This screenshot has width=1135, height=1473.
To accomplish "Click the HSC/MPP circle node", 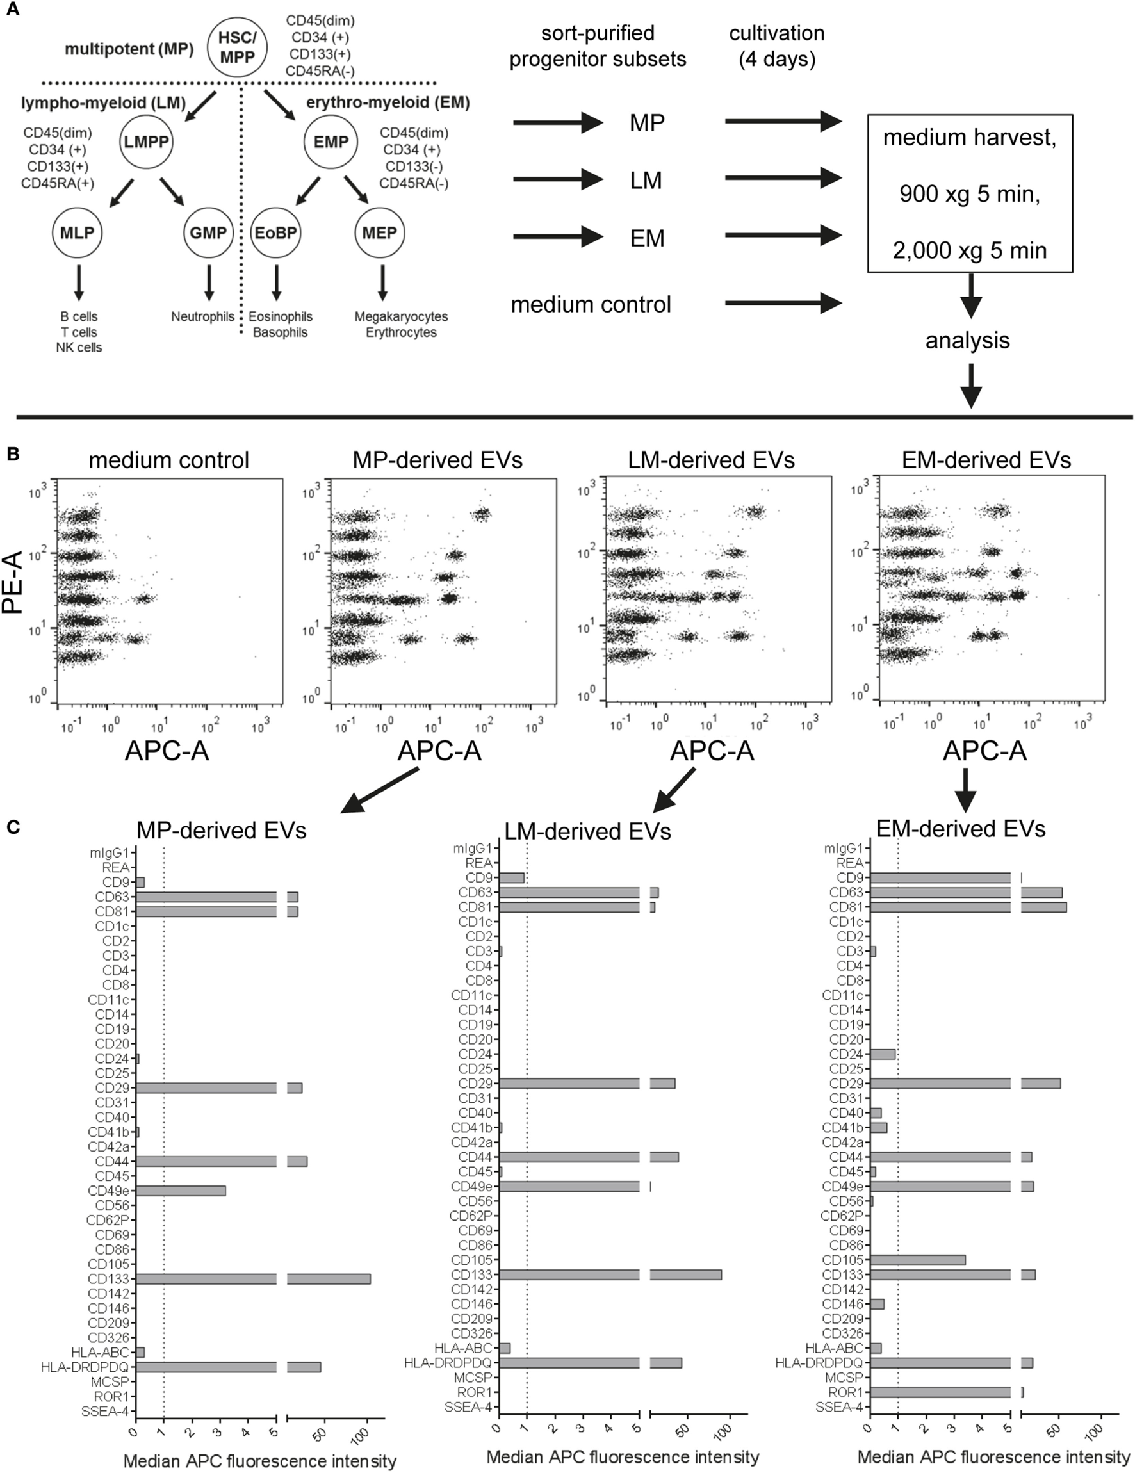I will point(238,48).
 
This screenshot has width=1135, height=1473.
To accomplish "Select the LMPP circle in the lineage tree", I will point(145,142).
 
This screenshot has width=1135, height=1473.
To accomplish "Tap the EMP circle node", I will point(331,142).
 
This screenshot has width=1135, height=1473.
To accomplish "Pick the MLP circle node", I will point(78,232).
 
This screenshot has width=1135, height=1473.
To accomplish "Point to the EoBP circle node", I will point(276,232).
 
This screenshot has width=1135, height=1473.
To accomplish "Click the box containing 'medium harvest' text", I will point(969,193).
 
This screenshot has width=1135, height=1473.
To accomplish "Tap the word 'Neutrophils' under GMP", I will point(202,316).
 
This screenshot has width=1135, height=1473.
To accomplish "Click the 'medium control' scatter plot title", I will point(168,460).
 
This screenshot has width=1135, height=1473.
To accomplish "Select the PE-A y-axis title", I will point(13,582).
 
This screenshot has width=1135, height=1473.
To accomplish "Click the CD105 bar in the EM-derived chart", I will point(918,1260).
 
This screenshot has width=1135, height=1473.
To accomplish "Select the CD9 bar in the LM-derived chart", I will point(512,877).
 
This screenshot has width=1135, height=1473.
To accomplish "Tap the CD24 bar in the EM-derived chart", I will point(883,1054).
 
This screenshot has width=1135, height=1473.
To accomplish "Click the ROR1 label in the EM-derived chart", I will point(845,1392).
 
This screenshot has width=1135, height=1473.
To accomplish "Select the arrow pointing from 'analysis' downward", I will point(970,385).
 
